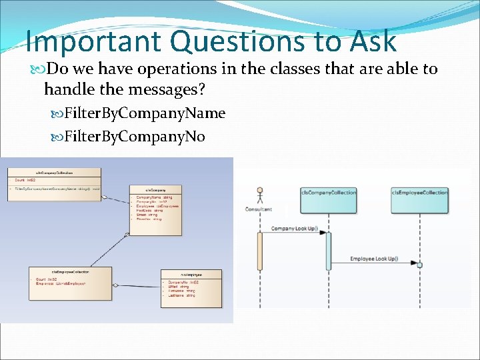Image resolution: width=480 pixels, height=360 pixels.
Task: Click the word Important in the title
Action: coord(93,41)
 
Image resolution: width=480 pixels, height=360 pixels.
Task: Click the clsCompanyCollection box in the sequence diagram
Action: coord(328,199)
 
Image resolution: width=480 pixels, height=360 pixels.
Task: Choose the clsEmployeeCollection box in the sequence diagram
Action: coord(419,199)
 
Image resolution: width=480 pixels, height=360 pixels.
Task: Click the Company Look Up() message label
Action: coord(293,229)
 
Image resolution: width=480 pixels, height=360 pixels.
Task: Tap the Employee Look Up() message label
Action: coord(374,259)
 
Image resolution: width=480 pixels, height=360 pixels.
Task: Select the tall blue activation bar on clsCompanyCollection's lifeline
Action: coord(328,251)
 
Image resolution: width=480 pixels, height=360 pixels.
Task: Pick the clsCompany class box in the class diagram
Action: coord(155,210)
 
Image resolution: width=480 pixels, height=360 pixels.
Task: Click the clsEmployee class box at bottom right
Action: coord(182,288)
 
